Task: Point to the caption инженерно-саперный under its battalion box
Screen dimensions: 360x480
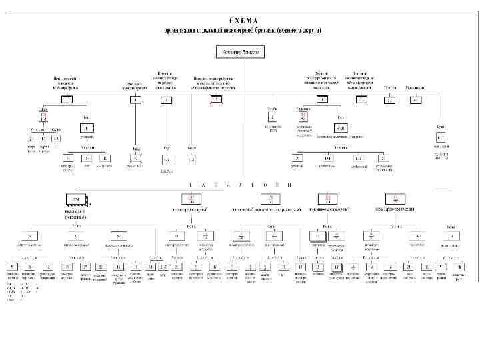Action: [191, 209]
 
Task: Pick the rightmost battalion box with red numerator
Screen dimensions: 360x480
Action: [396, 199]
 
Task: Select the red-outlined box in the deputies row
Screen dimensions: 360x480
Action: [215, 100]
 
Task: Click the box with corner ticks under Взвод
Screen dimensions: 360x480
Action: [136, 158]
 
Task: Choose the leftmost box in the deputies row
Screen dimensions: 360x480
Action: [68, 100]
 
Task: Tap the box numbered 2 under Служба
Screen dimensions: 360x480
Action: [272, 116]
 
